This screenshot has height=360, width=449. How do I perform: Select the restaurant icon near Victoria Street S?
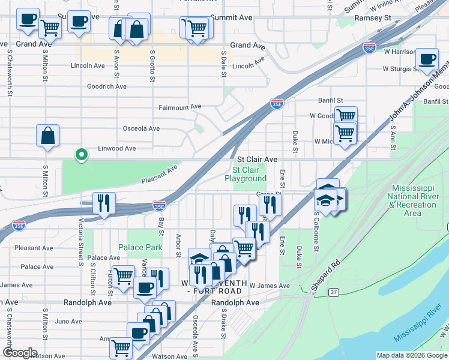(x=104, y=203)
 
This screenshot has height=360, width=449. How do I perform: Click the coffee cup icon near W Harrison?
(x=427, y=59)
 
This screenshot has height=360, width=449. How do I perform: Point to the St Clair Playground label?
(x=246, y=174)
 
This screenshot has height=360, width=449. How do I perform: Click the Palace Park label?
(x=140, y=247)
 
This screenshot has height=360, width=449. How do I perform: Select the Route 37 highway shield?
(x=334, y=292)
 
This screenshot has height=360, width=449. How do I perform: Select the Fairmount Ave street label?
(x=179, y=107)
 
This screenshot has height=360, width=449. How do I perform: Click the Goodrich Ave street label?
(x=106, y=86)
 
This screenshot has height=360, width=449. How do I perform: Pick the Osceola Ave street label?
(x=141, y=128)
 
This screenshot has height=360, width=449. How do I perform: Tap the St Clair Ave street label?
(x=257, y=160)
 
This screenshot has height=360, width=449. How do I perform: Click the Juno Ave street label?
(x=68, y=322)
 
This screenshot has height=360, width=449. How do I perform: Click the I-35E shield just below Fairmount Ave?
(x=277, y=104)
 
